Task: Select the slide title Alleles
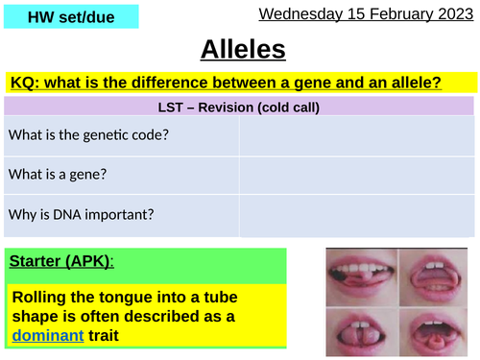(240, 50)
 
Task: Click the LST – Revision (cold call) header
(240, 106)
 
